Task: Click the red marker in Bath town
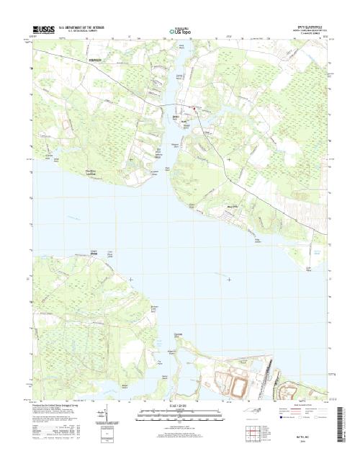(x=192, y=110)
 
